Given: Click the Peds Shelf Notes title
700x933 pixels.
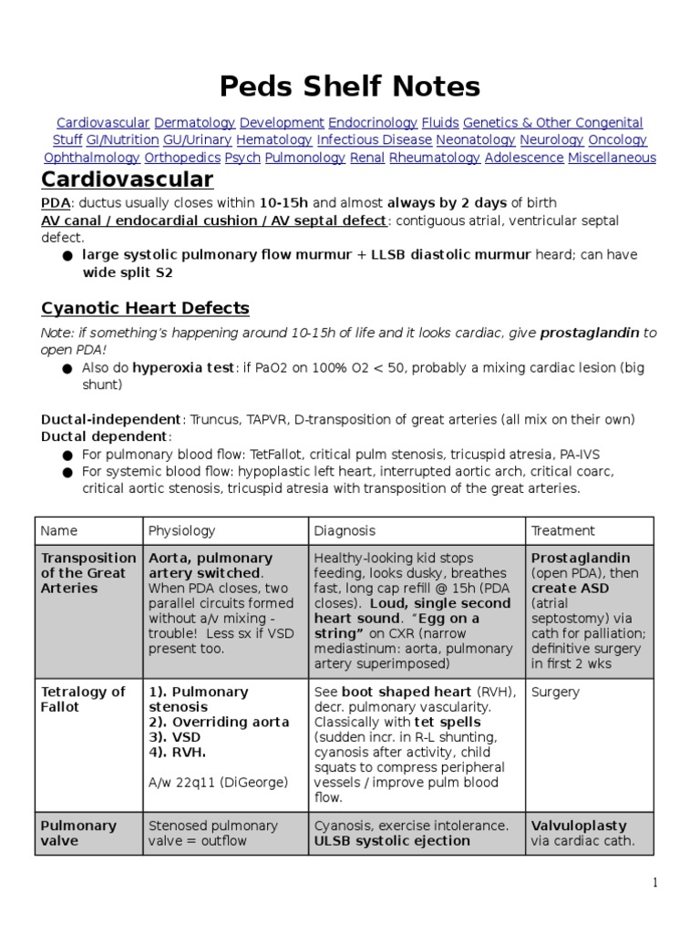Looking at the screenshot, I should click(x=350, y=87).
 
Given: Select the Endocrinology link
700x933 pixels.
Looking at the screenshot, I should click(x=373, y=123).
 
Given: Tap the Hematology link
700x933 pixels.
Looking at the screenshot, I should click(x=273, y=140).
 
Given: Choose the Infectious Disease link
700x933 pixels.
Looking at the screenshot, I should click(x=374, y=140).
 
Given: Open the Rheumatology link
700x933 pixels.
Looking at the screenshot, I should click(x=435, y=158).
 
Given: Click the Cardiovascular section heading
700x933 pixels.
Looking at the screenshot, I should click(x=128, y=179).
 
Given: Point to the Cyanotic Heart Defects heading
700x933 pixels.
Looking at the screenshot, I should click(x=145, y=308).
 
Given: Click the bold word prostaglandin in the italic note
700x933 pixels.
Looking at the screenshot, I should click(x=590, y=333).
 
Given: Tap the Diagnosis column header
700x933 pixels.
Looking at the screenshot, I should click(x=345, y=530).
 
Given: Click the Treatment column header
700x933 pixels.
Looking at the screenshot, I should click(x=562, y=530).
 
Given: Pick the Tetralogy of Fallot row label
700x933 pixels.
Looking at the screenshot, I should click(x=83, y=699).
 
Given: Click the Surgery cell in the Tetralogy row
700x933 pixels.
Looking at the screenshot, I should click(x=555, y=692).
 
